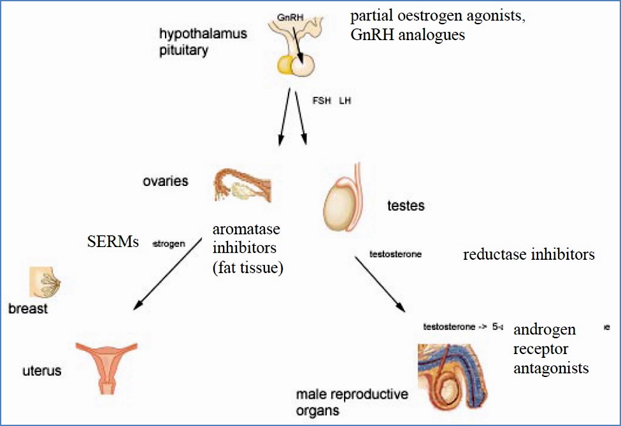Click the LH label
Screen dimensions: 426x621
(x=345, y=101)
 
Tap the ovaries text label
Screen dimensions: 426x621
(x=165, y=181)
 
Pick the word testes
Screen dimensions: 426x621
(x=406, y=206)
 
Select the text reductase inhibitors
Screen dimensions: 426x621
(x=529, y=255)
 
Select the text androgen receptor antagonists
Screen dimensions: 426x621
(x=550, y=349)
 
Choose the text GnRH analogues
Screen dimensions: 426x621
(x=408, y=35)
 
